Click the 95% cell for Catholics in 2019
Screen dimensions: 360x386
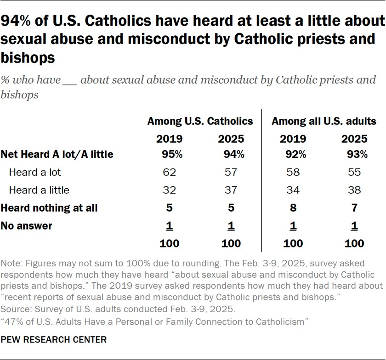click(x=170, y=155)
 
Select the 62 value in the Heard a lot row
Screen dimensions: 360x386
click(x=170, y=173)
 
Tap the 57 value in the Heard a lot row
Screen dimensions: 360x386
click(x=231, y=173)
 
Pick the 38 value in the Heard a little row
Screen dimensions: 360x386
click(x=354, y=190)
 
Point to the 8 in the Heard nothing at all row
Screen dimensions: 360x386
click(x=293, y=208)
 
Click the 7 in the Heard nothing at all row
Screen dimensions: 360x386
click(x=354, y=208)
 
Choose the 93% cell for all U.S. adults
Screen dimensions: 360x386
click(x=354, y=155)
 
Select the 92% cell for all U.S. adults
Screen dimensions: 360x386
click(x=293, y=155)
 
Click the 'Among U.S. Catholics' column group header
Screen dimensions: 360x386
click(x=200, y=121)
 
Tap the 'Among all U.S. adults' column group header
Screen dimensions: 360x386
click(x=324, y=121)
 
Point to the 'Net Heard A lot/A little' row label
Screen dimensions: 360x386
click(x=57, y=155)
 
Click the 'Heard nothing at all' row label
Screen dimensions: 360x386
click(x=50, y=208)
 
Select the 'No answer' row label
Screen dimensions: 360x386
click(x=27, y=225)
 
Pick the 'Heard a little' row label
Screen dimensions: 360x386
click(x=39, y=190)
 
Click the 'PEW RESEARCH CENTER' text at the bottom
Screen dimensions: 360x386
click(x=54, y=340)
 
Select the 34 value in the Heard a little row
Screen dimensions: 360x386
click(x=293, y=190)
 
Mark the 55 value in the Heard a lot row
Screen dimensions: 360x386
click(x=354, y=173)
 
